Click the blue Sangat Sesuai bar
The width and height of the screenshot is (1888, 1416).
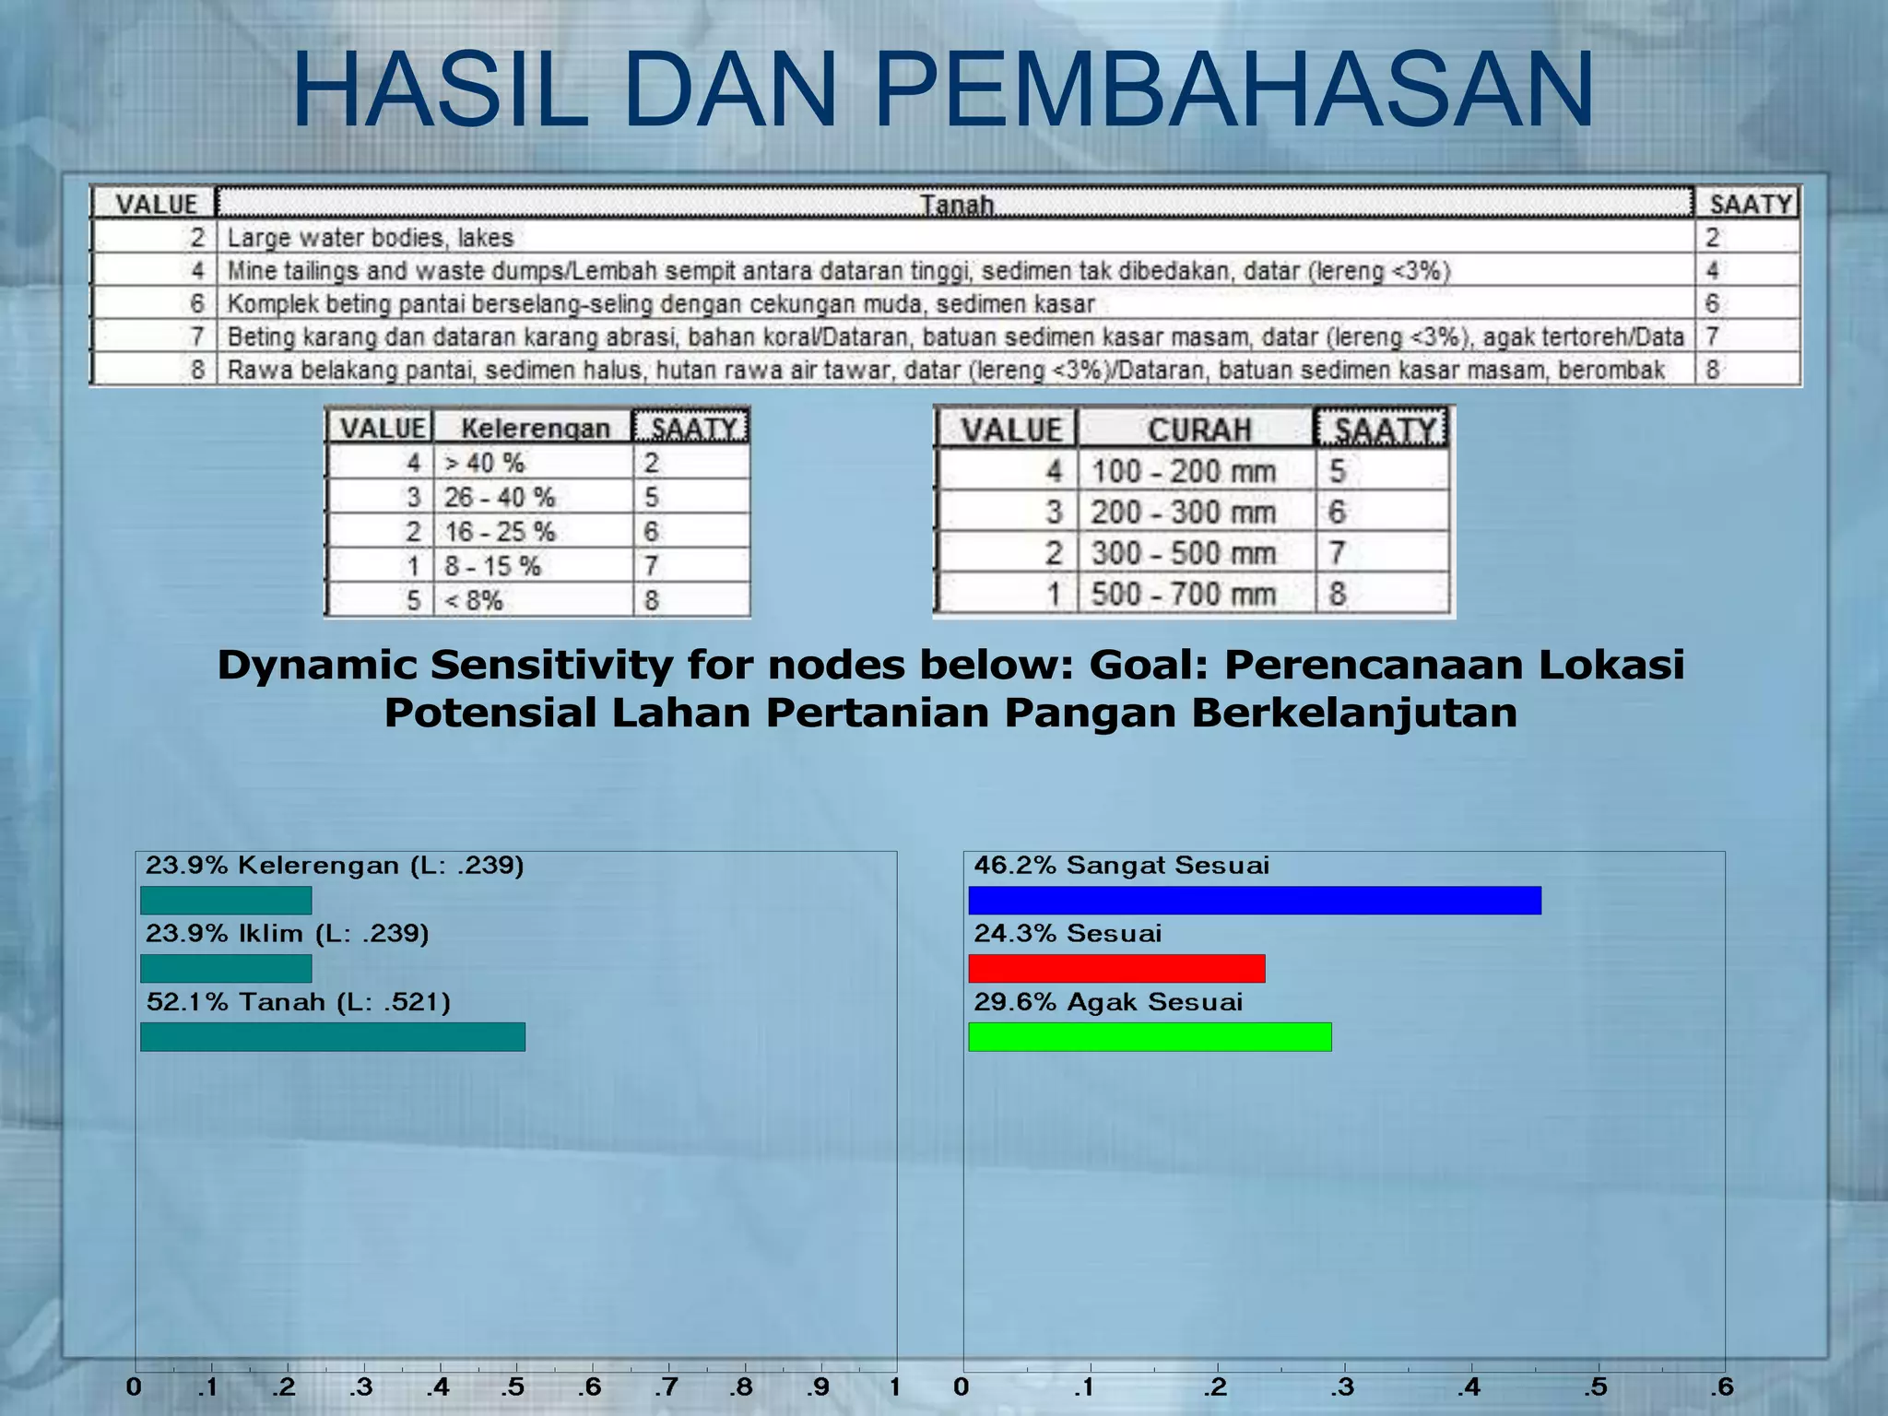coord(1254,900)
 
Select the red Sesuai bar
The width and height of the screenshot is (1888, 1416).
coord(1116,968)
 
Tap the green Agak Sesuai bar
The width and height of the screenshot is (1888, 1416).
coord(1150,1037)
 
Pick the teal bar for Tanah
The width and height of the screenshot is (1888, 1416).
coord(332,1037)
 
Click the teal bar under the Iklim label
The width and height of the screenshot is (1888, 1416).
coord(226,968)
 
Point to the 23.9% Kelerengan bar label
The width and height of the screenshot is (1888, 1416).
coord(335,866)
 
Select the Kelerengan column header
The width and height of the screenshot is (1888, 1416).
coord(535,429)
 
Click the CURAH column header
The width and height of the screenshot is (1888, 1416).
coord(1198,430)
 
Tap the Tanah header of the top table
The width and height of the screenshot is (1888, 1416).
coord(956,204)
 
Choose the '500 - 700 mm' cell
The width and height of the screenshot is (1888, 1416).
coord(1183,595)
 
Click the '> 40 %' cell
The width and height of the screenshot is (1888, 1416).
coord(484,463)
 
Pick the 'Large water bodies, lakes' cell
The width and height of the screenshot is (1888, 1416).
coord(370,238)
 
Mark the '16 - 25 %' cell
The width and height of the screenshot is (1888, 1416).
coord(500,532)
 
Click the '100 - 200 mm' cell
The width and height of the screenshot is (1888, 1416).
coord(1183,472)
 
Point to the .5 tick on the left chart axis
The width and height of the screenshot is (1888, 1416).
coord(514,1386)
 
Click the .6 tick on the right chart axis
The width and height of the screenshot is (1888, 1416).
coord(1721,1386)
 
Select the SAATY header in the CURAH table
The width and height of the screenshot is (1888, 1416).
coord(1382,430)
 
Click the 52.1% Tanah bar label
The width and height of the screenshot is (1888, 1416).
coord(298,1002)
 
